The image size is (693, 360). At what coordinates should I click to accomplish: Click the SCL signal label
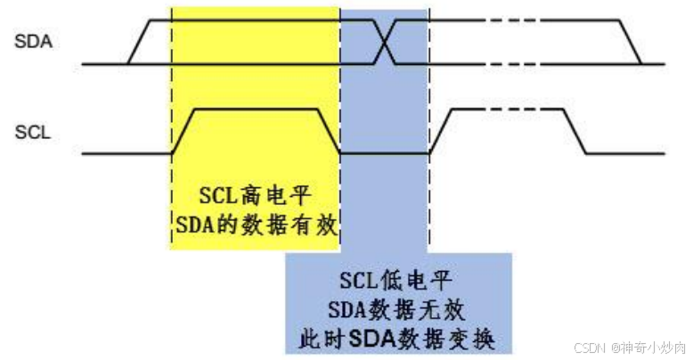pyautogui.click(x=33, y=133)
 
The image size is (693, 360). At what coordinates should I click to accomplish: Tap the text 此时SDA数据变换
pyautogui.click(x=398, y=340)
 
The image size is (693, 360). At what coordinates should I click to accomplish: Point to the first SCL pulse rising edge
pyautogui.click(x=183, y=131)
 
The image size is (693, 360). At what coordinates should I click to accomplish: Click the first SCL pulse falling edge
pyautogui.click(x=330, y=131)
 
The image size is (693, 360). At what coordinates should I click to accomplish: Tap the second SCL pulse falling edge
pyautogui.click(x=575, y=131)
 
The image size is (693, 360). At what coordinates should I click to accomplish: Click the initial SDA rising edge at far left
pyautogui.click(x=140, y=42)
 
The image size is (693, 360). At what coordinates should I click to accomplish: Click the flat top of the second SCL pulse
pyautogui.click(x=509, y=109)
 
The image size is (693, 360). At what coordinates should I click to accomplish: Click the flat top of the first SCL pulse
pyautogui.click(x=257, y=109)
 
